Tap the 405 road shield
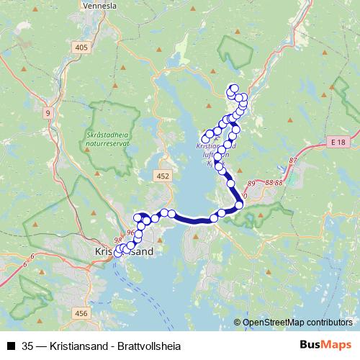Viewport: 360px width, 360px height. [x=81, y=47]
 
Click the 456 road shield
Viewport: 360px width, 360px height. [x=81, y=313]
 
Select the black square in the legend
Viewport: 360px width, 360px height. [x=10, y=346]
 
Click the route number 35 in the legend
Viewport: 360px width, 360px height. [x=27, y=346]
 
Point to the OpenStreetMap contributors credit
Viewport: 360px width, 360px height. [x=297, y=323]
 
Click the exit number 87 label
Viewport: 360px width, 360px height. [x=293, y=160]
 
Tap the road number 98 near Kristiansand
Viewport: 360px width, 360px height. [x=119, y=241]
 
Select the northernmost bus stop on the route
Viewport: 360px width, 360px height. [x=234, y=88]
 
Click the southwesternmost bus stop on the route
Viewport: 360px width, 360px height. [x=118, y=252]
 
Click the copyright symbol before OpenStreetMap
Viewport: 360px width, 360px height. [x=238, y=323]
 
